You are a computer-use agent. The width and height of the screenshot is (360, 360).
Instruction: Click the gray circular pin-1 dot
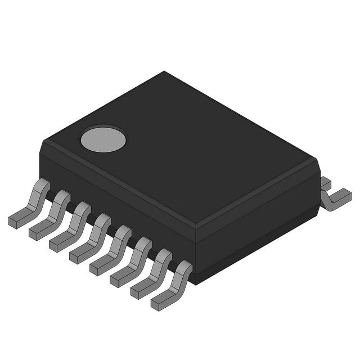[x=103, y=139]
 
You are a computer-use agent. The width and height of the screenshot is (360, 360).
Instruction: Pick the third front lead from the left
[x=73, y=226]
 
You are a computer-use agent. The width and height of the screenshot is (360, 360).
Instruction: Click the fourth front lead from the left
[x=93, y=237]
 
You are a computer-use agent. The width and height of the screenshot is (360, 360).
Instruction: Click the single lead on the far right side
[x=335, y=197]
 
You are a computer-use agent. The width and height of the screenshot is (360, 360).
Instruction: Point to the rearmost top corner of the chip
[x=164, y=72]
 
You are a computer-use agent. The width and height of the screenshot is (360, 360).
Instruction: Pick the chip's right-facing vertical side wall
[x=259, y=225]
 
